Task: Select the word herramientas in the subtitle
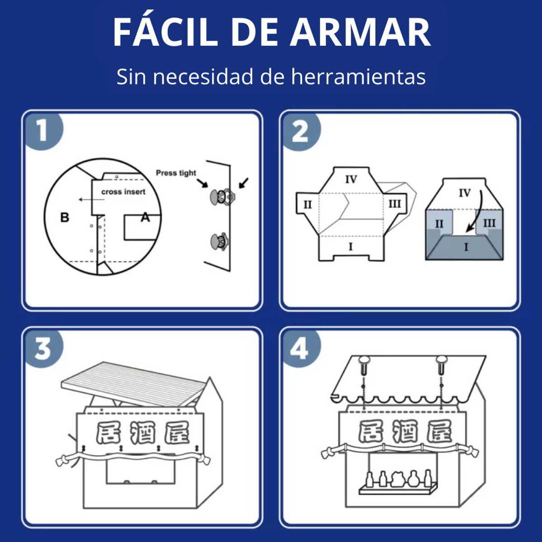[358, 76]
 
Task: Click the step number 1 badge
[44, 131]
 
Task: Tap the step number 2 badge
[300, 131]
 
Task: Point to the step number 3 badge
[44, 349]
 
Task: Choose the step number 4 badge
[300, 349]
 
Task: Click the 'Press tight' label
[176, 173]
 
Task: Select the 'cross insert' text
[123, 192]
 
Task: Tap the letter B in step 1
[65, 217]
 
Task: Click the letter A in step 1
[145, 217]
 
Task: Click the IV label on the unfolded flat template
[351, 179]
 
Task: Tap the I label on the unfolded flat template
[350, 247]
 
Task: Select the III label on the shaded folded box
[489, 224]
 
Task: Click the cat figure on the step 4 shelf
[398, 478]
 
